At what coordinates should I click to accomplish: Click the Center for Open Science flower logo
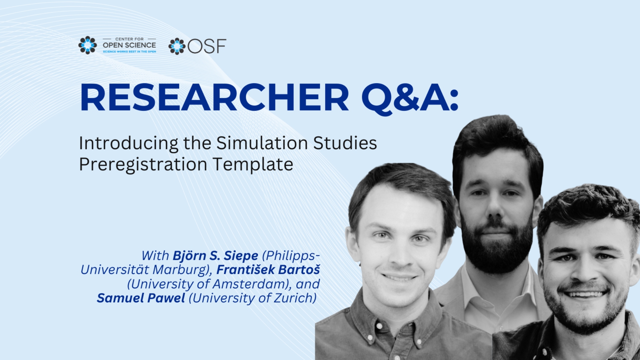(x=87, y=45)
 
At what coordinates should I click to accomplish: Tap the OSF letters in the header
(x=207, y=46)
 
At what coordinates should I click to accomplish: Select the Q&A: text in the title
(x=410, y=98)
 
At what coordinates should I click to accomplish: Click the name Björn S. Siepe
(x=215, y=256)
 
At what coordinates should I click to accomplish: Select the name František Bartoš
(x=268, y=270)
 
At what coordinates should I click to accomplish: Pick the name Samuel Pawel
(x=141, y=298)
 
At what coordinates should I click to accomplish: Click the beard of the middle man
(x=496, y=246)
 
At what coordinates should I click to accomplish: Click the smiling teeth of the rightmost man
(x=584, y=294)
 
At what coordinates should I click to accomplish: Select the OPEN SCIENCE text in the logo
(x=129, y=45)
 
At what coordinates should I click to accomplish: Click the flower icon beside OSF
(x=177, y=46)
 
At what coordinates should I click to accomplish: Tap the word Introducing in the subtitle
(x=129, y=143)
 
